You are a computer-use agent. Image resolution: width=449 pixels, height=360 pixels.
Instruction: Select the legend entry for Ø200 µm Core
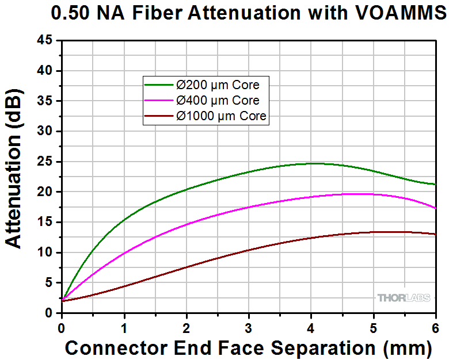pyautogui.click(x=218, y=85)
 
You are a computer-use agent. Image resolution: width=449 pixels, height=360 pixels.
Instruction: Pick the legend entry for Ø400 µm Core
pyautogui.click(x=218, y=101)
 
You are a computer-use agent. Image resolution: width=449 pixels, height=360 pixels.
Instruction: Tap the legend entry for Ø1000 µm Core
pyautogui.click(x=222, y=116)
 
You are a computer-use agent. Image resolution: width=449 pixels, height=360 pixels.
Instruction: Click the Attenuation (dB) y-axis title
pyautogui.click(x=16, y=171)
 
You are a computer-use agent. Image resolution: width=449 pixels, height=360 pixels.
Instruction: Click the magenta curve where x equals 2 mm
pyautogui.click(x=187, y=224)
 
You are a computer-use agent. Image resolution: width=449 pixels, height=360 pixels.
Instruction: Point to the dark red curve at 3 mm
pyautogui.click(x=249, y=250)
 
